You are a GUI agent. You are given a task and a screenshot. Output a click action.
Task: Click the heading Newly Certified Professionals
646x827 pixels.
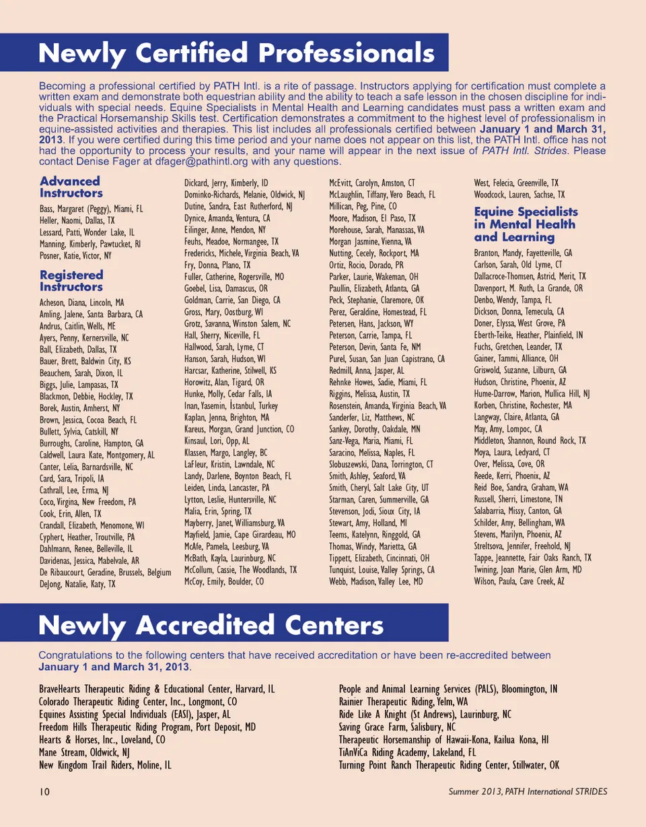tap(236, 53)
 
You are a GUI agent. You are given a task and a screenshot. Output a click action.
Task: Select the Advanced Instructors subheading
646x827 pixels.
tap(71, 187)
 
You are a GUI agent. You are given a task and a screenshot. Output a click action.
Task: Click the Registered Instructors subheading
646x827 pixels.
tap(71, 281)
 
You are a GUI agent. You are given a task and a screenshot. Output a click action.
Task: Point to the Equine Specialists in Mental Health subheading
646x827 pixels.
tap(526, 224)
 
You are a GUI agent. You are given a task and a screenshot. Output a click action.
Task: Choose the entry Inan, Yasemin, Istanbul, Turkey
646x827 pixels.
tap(231, 406)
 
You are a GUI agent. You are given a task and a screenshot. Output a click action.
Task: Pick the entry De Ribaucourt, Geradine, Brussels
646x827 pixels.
tap(106, 572)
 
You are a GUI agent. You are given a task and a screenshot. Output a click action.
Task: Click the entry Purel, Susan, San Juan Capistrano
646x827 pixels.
tap(387, 359)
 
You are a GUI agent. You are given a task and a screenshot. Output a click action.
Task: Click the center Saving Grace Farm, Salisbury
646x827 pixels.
tap(398, 728)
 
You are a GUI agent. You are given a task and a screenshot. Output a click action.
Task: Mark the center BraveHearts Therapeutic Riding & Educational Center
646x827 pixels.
tap(157, 690)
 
